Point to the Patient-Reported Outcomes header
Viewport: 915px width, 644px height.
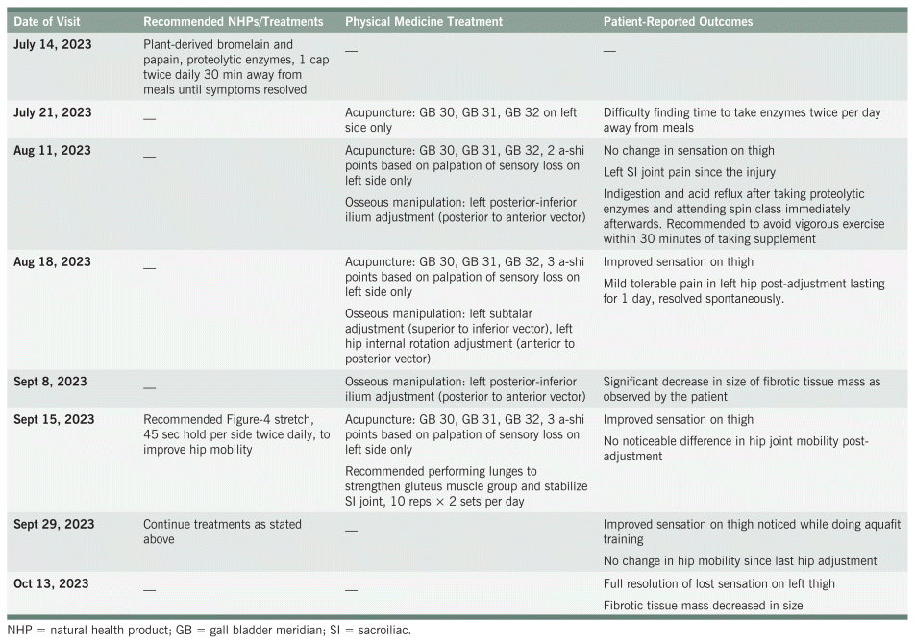[x=679, y=20]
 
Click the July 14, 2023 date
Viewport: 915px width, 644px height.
[x=53, y=44]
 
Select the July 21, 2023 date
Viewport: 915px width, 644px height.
[x=53, y=112]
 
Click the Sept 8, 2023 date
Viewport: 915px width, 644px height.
[x=50, y=382]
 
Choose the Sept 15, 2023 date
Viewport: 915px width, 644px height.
[x=54, y=419]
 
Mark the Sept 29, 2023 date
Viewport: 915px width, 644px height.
[x=54, y=524]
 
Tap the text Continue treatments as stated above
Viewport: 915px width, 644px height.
[x=222, y=532]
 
